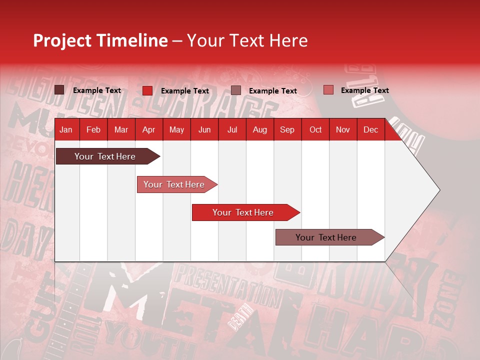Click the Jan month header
coord(66,129)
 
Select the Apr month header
coord(148,129)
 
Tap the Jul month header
coord(232,129)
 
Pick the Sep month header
coord(287,129)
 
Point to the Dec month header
coord(370,129)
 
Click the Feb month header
coord(93,129)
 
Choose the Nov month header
coord(343,129)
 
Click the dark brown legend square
coord(59,90)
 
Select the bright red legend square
coord(147,90)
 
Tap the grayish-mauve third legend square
coord(236,90)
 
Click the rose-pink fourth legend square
coord(328,90)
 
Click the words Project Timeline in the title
coord(100,40)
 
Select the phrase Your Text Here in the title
coord(247,40)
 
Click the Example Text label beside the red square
coord(185,91)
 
